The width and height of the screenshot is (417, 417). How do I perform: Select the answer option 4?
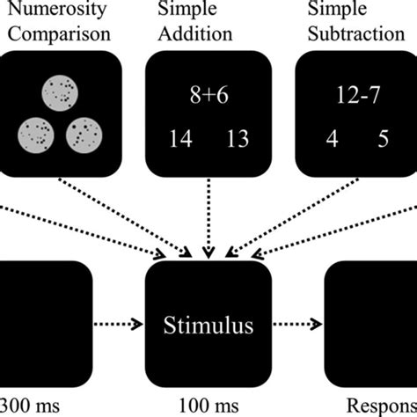[x=333, y=138]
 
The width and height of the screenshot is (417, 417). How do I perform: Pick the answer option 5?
[x=382, y=138]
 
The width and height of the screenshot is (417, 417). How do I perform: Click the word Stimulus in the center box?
[x=208, y=326]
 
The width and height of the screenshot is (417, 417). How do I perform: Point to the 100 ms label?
[x=208, y=406]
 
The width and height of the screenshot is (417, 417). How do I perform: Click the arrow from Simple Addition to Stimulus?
[x=208, y=220]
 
